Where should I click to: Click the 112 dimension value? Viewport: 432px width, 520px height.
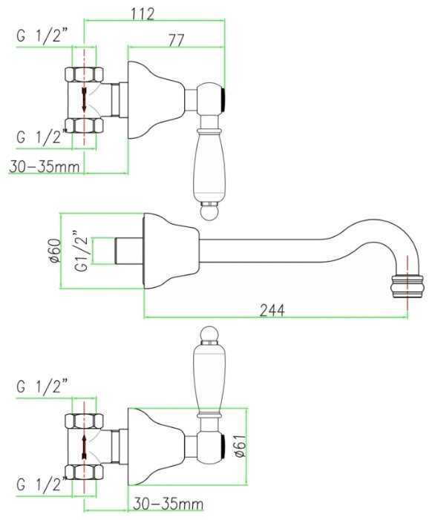click(143, 13)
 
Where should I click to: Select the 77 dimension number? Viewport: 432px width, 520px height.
click(176, 41)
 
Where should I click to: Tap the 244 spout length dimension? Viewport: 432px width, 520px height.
click(272, 311)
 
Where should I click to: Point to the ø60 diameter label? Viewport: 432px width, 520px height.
click(56, 251)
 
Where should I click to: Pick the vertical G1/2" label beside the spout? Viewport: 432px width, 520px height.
click(82, 250)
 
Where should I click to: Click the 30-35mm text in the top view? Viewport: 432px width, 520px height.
click(45, 166)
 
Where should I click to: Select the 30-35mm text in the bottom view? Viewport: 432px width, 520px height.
click(168, 504)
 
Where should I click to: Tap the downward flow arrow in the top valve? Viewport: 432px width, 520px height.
click(85, 99)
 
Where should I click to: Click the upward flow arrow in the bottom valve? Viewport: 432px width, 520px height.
click(85, 447)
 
